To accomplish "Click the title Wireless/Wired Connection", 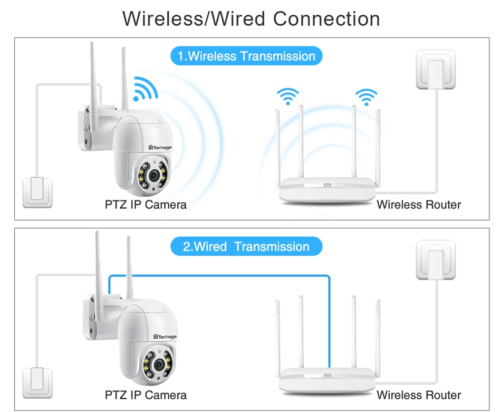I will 251,19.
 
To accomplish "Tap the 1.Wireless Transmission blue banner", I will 246,56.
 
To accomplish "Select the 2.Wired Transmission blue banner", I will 246,246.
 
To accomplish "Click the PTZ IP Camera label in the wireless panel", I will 146,204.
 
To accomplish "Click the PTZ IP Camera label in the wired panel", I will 146,395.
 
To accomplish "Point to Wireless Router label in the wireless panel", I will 419,204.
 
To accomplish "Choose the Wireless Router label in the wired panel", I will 419,395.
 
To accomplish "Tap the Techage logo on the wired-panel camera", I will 165,337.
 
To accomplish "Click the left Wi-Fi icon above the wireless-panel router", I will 288,96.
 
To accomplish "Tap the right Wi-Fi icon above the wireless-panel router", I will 366,96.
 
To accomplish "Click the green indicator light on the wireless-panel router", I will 327,185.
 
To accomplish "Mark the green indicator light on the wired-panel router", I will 327,375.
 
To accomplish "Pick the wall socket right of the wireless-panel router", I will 436,70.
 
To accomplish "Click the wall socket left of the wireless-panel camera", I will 38,191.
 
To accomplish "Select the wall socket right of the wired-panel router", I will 436,261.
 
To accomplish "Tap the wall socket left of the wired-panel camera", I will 38,381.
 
